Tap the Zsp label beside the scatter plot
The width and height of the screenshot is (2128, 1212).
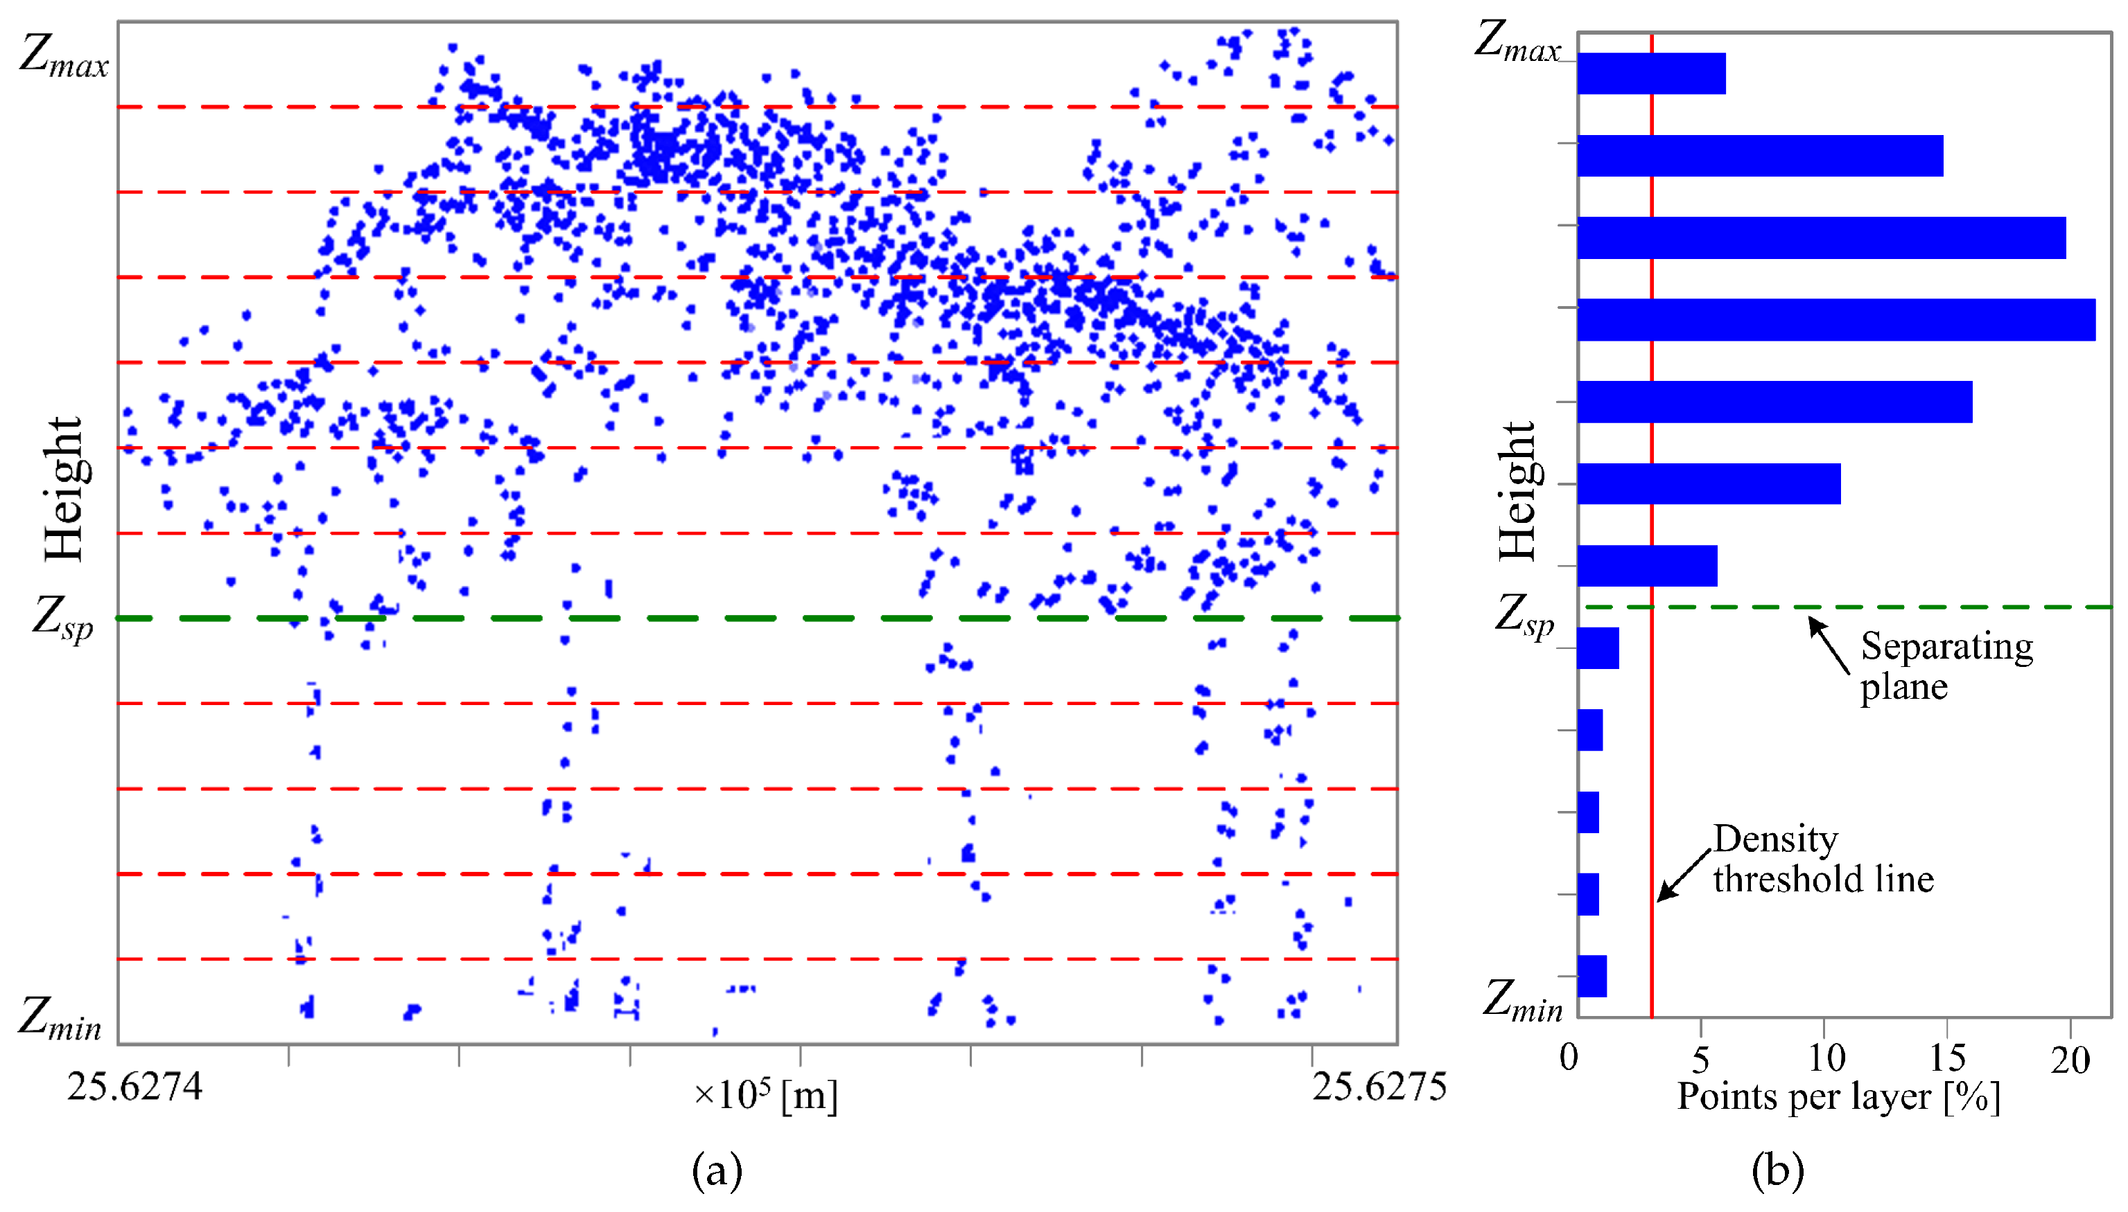(62, 620)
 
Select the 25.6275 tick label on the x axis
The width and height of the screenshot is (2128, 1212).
(1379, 1087)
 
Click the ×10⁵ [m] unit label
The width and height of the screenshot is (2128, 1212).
(765, 1096)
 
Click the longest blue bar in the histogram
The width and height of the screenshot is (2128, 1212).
(1835, 320)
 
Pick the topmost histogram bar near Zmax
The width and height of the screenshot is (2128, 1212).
(1651, 73)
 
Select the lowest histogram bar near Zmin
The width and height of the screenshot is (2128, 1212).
(1591, 976)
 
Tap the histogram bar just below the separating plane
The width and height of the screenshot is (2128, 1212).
(1598, 648)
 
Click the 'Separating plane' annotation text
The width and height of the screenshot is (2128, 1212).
(1945, 666)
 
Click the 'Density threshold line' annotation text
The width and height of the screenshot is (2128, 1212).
(1822, 859)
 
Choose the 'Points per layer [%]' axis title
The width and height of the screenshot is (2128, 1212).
(1838, 1097)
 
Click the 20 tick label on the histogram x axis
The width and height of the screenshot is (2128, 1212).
(2069, 1060)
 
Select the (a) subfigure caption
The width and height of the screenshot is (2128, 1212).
(716, 1171)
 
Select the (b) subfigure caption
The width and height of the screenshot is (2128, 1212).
(1777, 1170)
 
